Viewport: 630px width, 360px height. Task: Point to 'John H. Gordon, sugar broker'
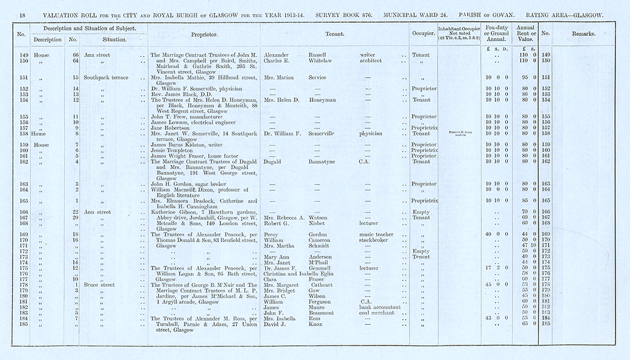[x=190, y=183]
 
